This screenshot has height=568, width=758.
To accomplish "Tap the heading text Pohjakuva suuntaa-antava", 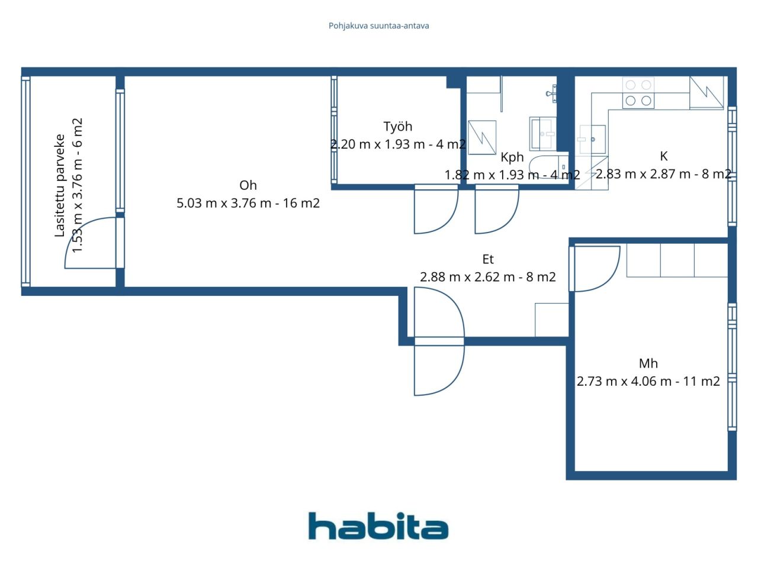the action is tap(378, 26).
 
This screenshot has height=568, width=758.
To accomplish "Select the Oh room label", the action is tap(248, 186).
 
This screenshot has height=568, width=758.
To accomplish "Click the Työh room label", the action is tap(398, 127).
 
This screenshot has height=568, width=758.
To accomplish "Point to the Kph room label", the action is tap(512, 157).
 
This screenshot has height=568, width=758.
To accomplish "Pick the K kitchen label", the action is tap(663, 156).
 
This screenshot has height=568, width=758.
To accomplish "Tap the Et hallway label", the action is tap(488, 259).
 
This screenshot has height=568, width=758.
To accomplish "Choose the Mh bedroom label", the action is tap(648, 363).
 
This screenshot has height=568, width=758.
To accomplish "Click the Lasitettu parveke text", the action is tap(59, 186).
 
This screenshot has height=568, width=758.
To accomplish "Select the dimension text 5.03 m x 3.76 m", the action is tap(224, 203).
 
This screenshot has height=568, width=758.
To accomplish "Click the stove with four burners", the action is tap(638, 93).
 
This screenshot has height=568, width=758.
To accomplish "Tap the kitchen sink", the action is tap(592, 139).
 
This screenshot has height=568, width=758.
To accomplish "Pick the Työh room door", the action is tap(436, 209).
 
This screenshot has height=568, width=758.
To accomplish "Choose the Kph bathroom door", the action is tap(497, 209).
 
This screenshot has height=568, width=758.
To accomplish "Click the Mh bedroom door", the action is tap(595, 269).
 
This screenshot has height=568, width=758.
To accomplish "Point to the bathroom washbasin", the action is tap(543, 134).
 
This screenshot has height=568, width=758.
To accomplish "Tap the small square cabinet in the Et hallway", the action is tap(552, 319).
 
